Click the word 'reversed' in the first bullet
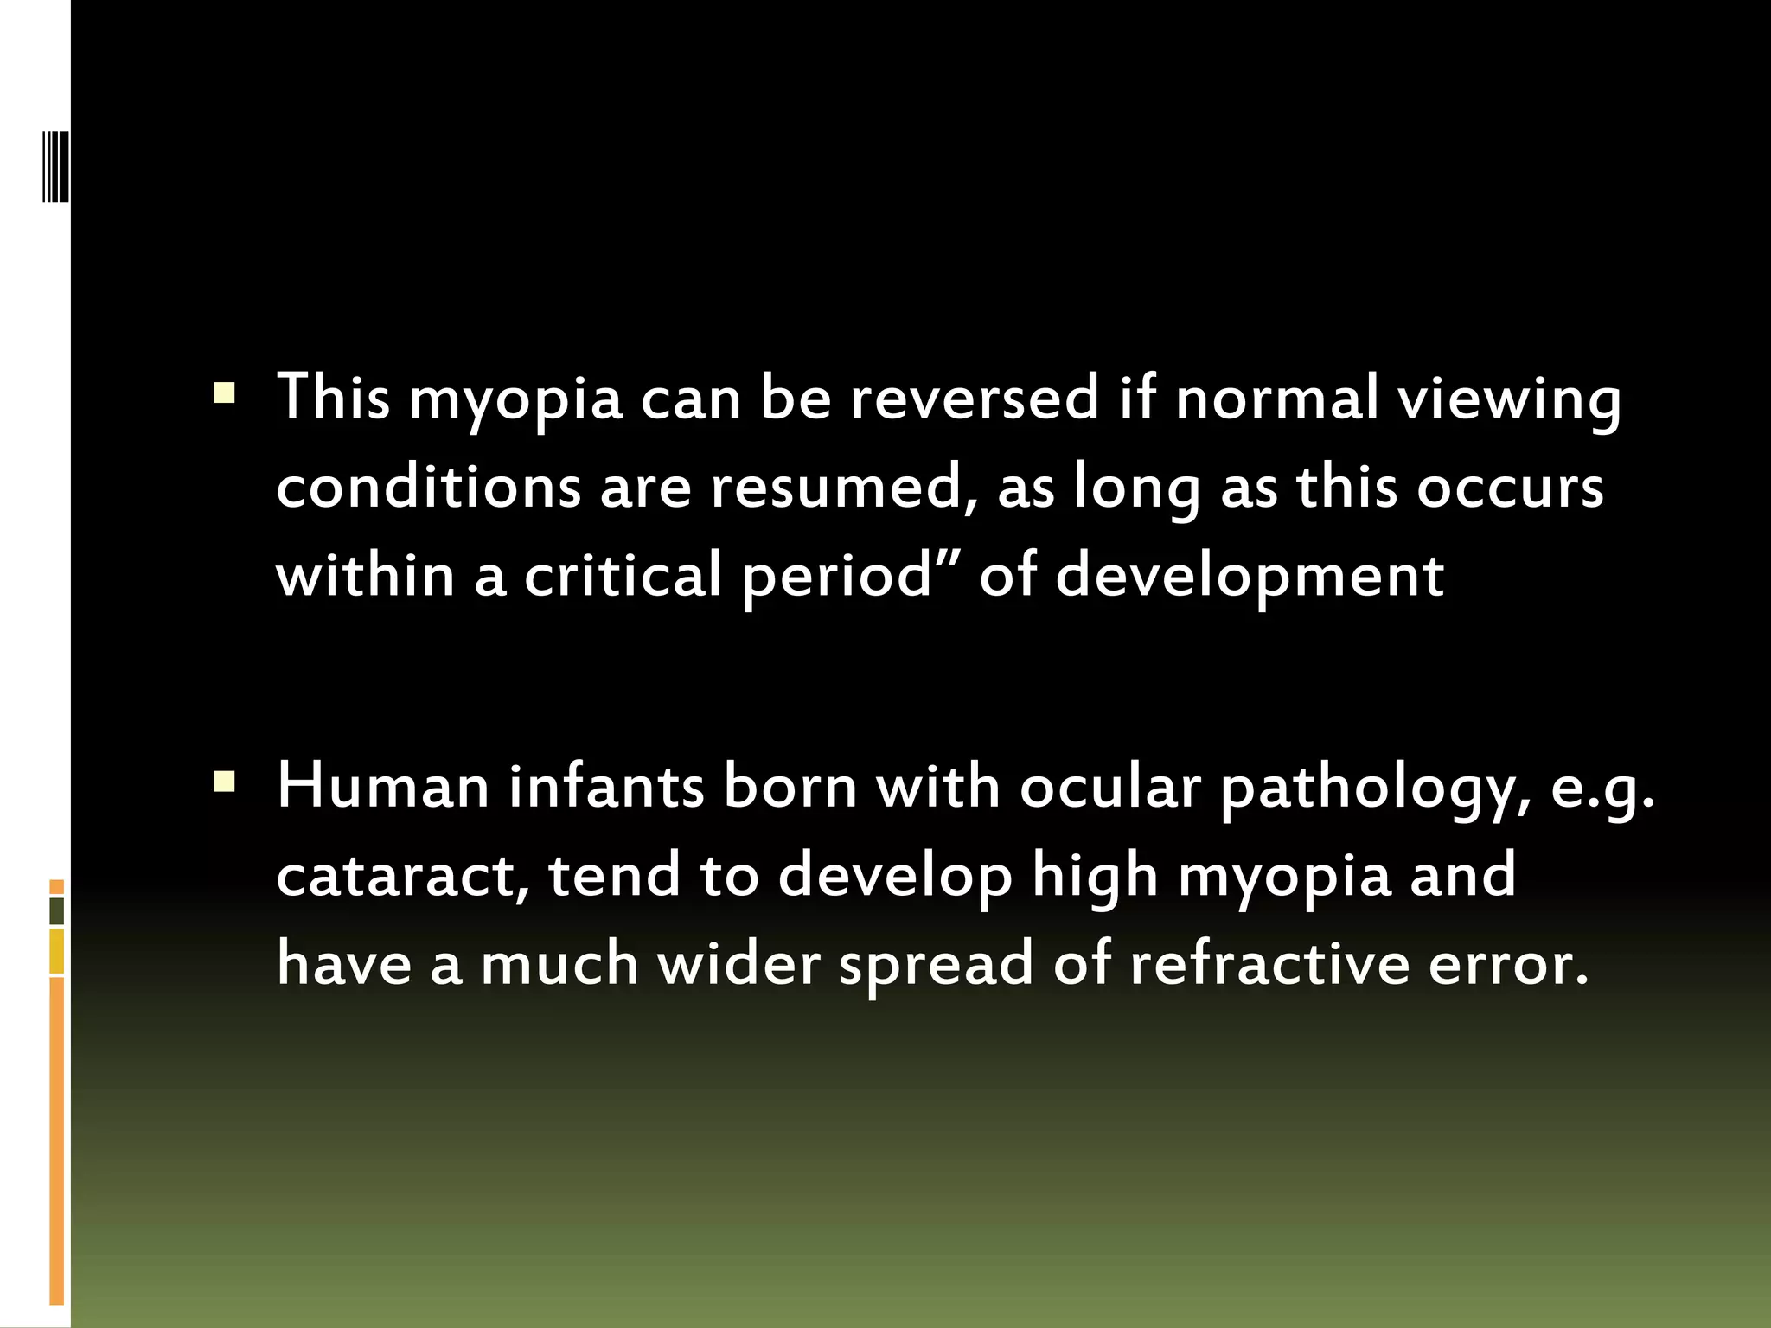pos(975,399)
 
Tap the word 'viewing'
pos(1509,399)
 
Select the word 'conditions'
pos(429,487)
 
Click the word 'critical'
pos(623,576)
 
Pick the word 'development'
pos(1250,576)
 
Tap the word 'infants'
pos(606,787)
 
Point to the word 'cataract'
pos(403,875)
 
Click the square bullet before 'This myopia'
pos(224,394)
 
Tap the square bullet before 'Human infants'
pos(224,782)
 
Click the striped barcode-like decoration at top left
pos(56,166)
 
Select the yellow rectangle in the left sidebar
pos(56,951)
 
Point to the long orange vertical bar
pos(56,1141)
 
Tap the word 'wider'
pos(739,963)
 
